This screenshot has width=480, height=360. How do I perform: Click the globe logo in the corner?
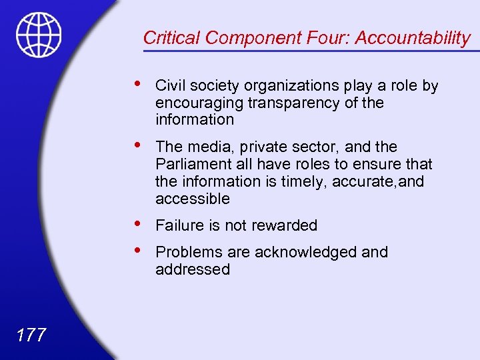(x=39, y=35)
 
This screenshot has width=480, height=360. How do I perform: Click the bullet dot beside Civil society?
(x=137, y=84)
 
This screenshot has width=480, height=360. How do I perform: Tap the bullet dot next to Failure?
(x=137, y=224)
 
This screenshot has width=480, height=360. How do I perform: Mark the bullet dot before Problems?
(x=137, y=251)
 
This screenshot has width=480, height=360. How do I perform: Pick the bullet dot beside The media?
(x=137, y=145)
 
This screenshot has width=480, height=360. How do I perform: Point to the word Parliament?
(x=190, y=164)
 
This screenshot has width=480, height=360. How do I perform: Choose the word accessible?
(x=192, y=199)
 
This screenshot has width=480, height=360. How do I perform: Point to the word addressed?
(x=192, y=269)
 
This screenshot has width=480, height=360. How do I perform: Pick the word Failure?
(x=179, y=225)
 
